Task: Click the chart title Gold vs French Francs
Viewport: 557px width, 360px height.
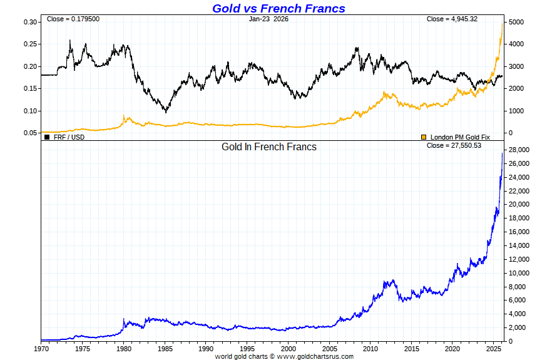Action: coord(278,8)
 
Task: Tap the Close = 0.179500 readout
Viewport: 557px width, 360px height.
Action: coord(73,19)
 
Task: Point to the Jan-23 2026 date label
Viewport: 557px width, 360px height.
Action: coord(268,19)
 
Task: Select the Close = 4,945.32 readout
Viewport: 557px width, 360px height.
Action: coord(452,19)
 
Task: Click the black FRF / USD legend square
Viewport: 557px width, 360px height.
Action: coord(47,136)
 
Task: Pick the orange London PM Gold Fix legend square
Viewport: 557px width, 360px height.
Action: coord(424,136)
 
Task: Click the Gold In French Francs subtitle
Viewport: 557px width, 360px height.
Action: coord(269,147)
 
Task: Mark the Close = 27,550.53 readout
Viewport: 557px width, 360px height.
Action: coord(454,146)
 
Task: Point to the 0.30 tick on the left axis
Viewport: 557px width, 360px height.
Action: coord(29,22)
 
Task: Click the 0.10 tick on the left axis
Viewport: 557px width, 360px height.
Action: coord(29,111)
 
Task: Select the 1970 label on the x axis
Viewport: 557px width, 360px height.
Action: coord(41,348)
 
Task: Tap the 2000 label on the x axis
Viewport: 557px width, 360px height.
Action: coord(289,348)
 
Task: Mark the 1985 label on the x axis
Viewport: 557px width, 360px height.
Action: coord(165,348)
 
